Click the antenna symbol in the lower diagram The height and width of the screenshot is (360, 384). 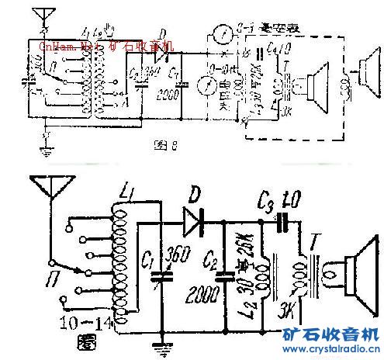[48, 186]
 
